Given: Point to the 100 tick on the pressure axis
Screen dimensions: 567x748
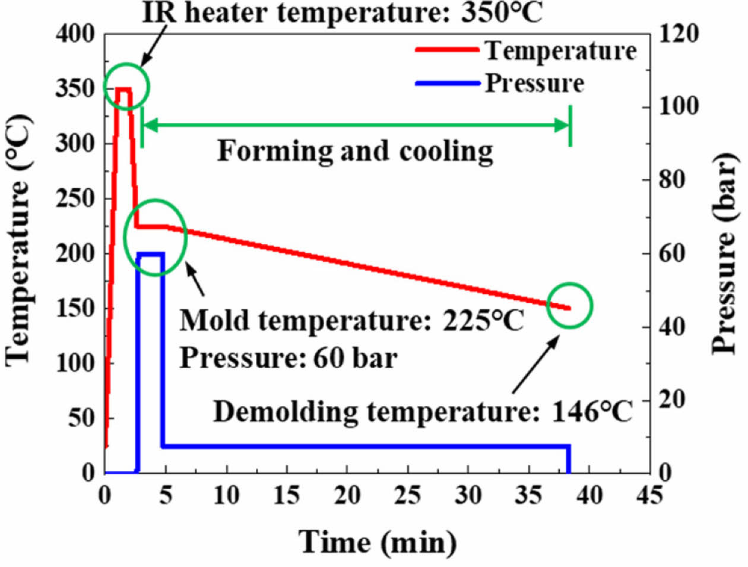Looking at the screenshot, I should point(679,107).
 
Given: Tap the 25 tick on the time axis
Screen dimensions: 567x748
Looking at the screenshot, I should point(408,494).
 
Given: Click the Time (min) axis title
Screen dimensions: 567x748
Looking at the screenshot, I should point(378,541).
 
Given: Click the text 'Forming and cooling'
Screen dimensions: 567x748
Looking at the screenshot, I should point(355,151).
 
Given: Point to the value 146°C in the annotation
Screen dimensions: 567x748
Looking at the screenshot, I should point(592,411).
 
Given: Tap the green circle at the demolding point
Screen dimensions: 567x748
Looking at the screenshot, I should point(569,305).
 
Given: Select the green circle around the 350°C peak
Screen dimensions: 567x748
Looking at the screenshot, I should point(126,87).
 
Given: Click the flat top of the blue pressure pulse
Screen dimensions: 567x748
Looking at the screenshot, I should point(150,254).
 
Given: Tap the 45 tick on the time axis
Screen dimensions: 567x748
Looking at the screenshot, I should point(650,494).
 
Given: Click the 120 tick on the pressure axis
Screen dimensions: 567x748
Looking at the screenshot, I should point(679,34).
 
